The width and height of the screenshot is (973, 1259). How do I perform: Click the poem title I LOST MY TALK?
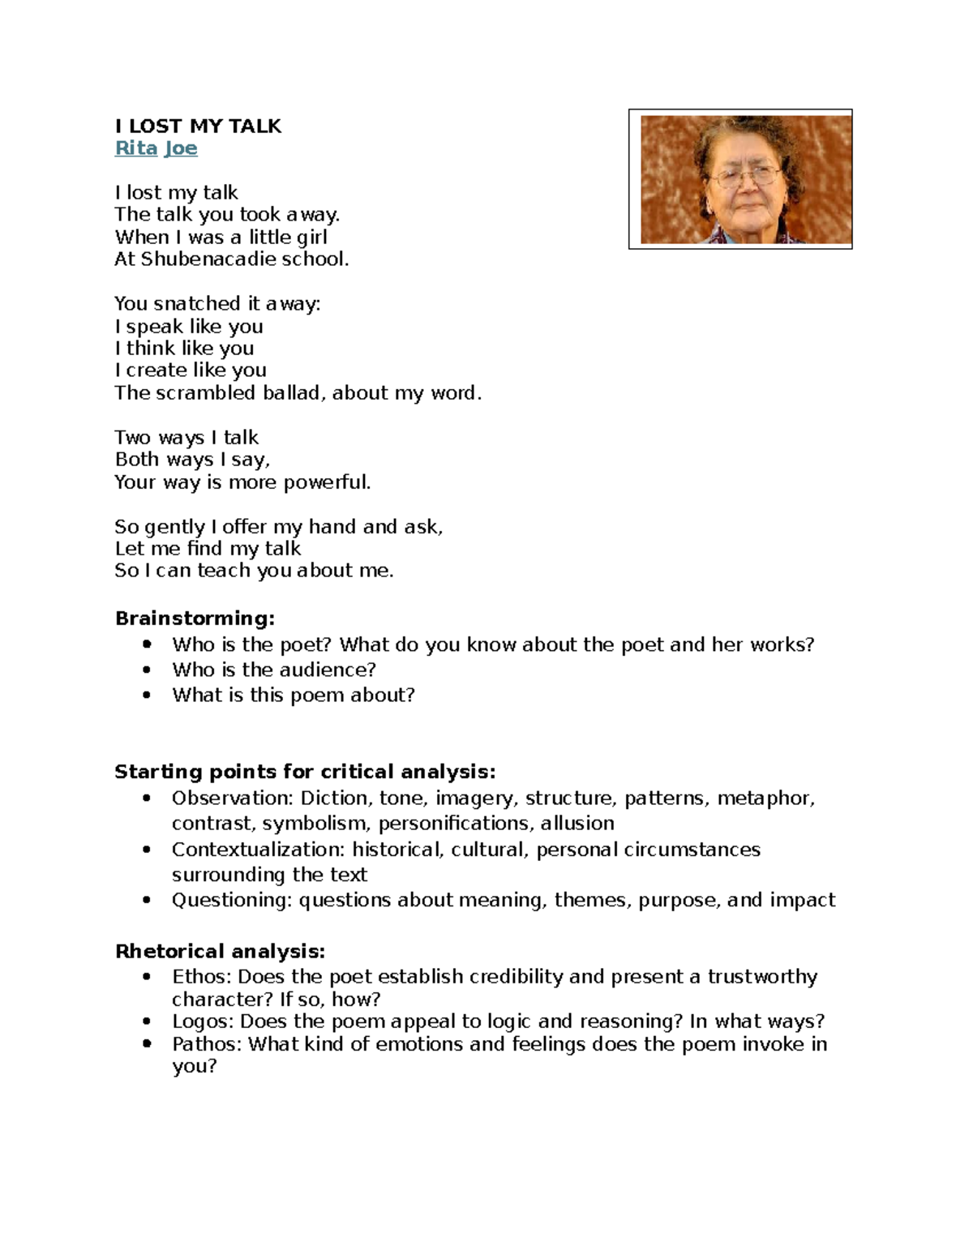[x=198, y=126]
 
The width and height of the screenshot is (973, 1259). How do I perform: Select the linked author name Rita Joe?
[x=156, y=148]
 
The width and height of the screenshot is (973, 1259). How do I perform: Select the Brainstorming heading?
[x=195, y=619]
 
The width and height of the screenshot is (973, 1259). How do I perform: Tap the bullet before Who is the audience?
[x=147, y=670]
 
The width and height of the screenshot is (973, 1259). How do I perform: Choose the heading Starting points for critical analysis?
[x=304, y=771]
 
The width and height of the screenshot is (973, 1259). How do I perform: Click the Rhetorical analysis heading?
[x=220, y=951]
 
